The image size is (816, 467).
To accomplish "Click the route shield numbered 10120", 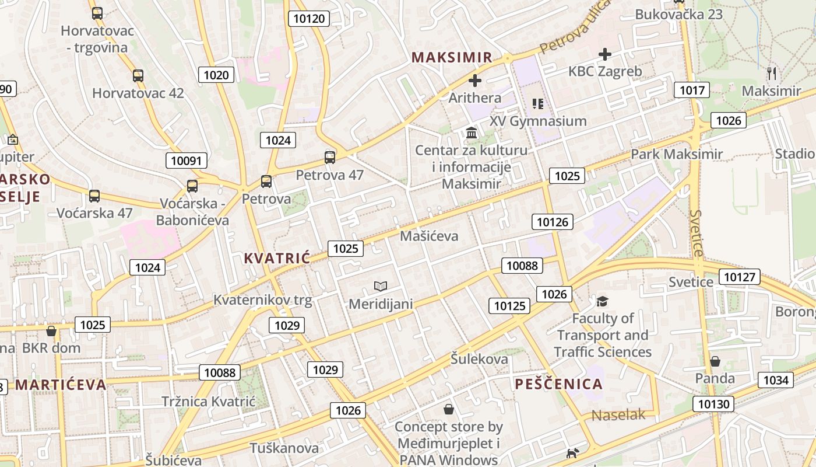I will pyautogui.click(x=309, y=19).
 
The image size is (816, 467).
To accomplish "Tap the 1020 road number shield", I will pyautogui.click(x=216, y=75).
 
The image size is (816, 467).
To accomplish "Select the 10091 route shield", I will pyautogui.click(x=187, y=161).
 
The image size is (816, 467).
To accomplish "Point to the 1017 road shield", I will pyautogui.click(x=692, y=90).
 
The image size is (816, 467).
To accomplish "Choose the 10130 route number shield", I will pyautogui.click(x=713, y=404).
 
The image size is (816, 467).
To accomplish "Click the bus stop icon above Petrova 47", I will pyautogui.click(x=330, y=157).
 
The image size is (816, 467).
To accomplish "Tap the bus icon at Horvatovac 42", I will pyautogui.click(x=138, y=76).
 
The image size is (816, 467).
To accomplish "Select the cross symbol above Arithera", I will pyautogui.click(x=476, y=81).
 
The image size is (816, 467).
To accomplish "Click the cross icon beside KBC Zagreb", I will pyautogui.click(x=605, y=54).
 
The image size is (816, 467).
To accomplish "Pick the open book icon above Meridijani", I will pyautogui.click(x=381, y=286).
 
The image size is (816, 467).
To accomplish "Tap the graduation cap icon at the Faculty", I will pyautogui.click(x=602, y=301).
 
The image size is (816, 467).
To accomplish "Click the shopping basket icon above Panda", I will pyautogui.click(x=715, y=361).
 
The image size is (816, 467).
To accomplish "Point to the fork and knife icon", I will pyautogui.click(x=772, y=73).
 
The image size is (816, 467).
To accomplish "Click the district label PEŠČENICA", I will pyautogui.click(x=558, y=384).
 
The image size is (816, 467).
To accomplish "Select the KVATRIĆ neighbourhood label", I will pyautogui.click(x=277, y=258).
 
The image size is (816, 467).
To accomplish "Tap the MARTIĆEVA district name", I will pyautogui.click(x=61, y=385).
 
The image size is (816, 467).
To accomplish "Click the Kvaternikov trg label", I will pyautogui.click(x=263, y=301).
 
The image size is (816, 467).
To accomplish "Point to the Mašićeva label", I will pyautogui.click(x=429, y=236).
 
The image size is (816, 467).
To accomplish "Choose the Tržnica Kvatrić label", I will pyautogui.click(x=209, y=402).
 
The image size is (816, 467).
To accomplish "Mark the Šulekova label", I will pyautogui.click(x=479, y=359).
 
